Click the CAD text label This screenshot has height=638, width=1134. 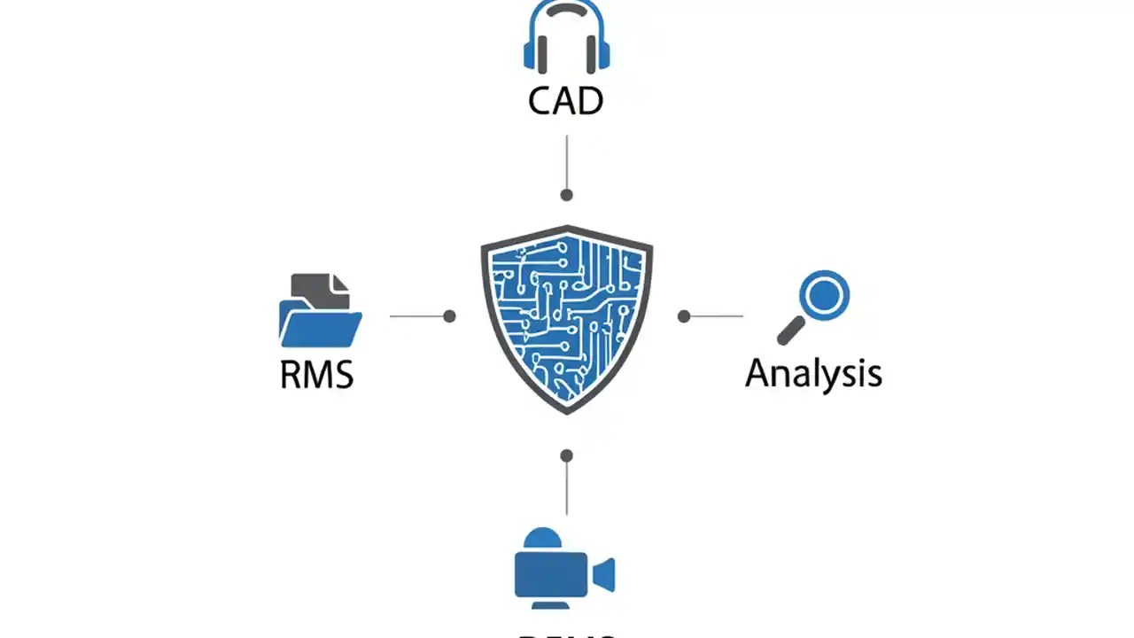click(565, 100)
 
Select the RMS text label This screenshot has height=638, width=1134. click(316, 374)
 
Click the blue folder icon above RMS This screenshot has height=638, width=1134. click(320, 323)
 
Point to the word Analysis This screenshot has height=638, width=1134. click(813, 373)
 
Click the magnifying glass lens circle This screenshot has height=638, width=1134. click(824, 295)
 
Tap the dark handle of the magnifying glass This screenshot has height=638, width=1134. click(790, 331)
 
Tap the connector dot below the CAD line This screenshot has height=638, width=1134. click(567, 195)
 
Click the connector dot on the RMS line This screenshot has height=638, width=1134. click(449, 316)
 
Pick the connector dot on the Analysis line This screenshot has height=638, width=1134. click(684, 316)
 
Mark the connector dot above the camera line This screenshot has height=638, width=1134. click(567, 455)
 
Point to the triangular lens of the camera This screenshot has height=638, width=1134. click(605, 574)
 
